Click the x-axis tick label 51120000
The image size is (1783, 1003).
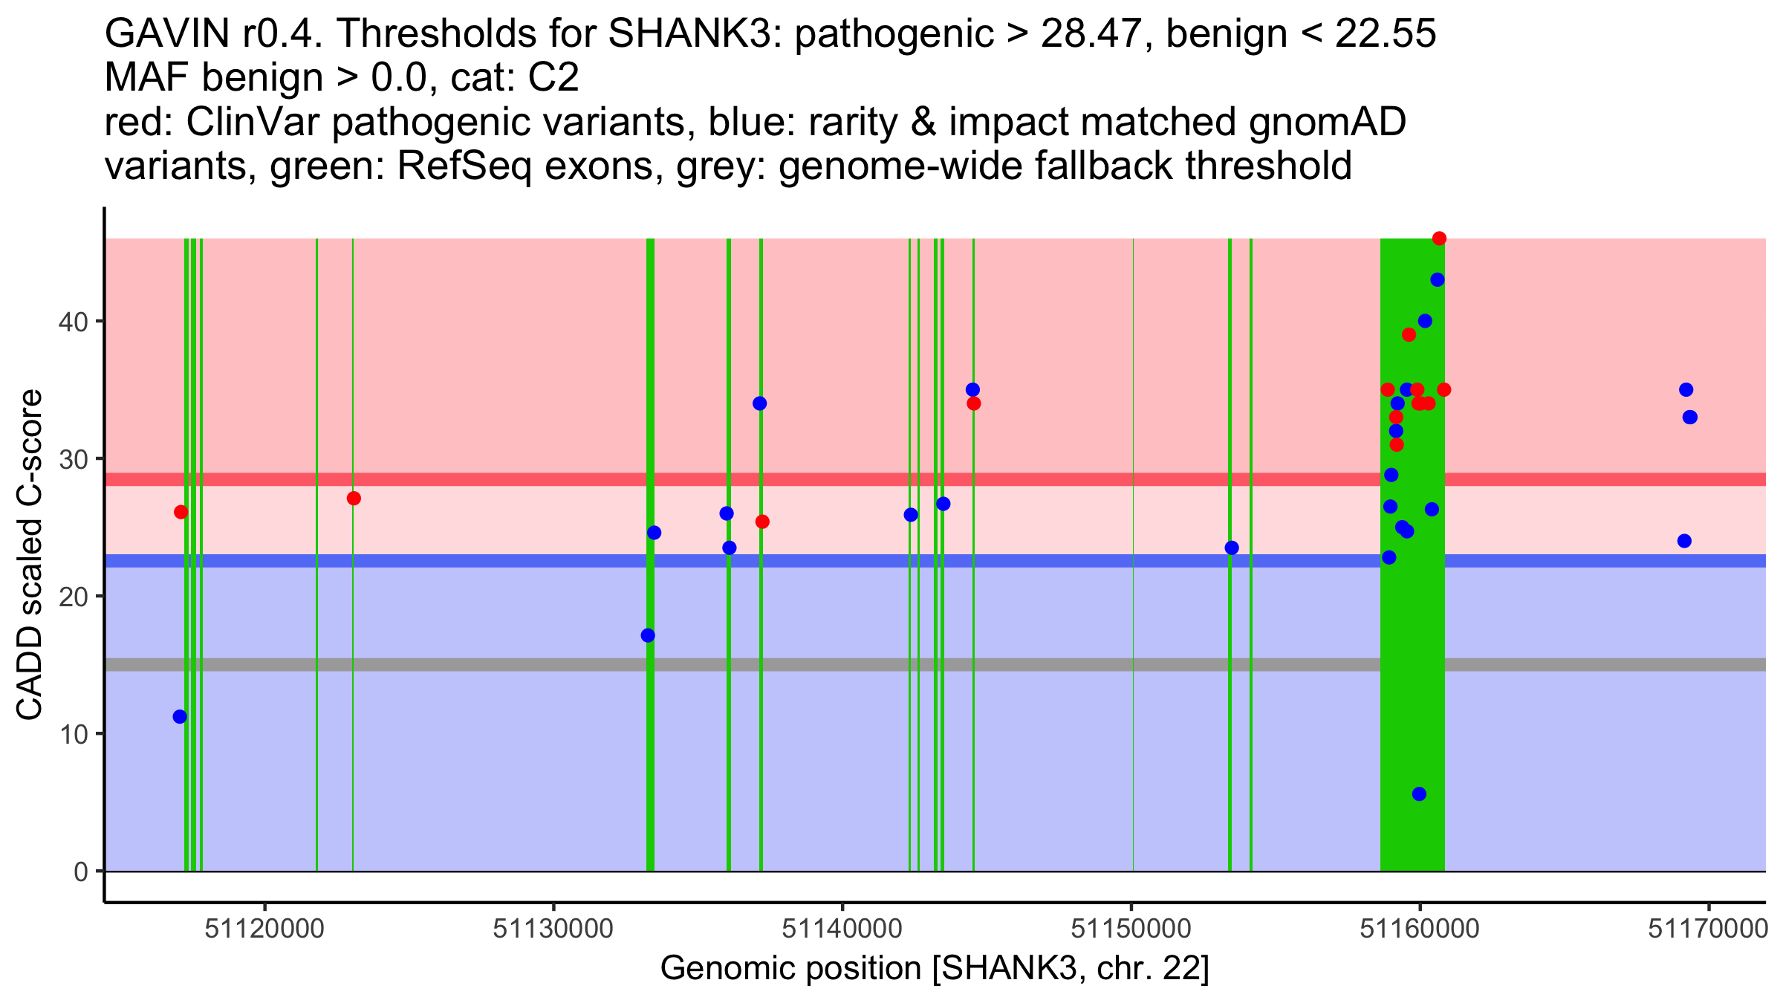coord(264,929)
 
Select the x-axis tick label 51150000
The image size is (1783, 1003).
coord(1131,929)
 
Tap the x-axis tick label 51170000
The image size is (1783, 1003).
coord(1707,929)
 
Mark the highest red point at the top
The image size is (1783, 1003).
coord(1439,238)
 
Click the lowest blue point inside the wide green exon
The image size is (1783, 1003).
coord(1419,794)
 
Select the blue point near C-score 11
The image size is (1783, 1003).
coord(180,717)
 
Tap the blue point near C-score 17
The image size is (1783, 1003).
coord(648,635)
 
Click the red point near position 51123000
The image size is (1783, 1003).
coord(354,499)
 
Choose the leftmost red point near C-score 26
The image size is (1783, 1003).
coord(181,512)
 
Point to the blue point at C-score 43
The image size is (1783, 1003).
coord(1438,280)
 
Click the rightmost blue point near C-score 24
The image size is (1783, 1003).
coord(1684,541)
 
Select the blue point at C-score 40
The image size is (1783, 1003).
coord(1425,321)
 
